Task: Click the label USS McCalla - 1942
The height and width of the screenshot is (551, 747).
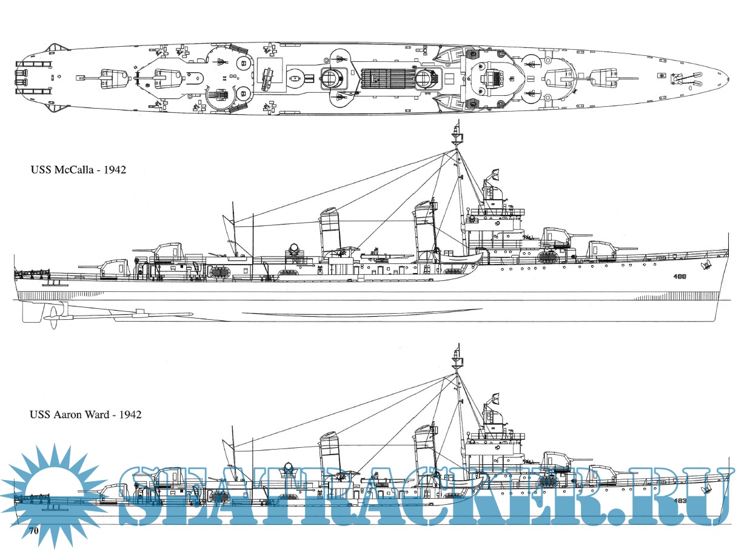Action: (x=78, y=170)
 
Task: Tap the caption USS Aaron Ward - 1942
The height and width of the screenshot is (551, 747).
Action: (x=85, y=415)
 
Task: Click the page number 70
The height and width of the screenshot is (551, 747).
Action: (x=34, y=531)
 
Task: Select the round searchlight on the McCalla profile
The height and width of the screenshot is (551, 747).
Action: (x=295, y=249)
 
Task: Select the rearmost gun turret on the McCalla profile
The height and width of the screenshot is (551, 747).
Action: (x=114, y=268)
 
